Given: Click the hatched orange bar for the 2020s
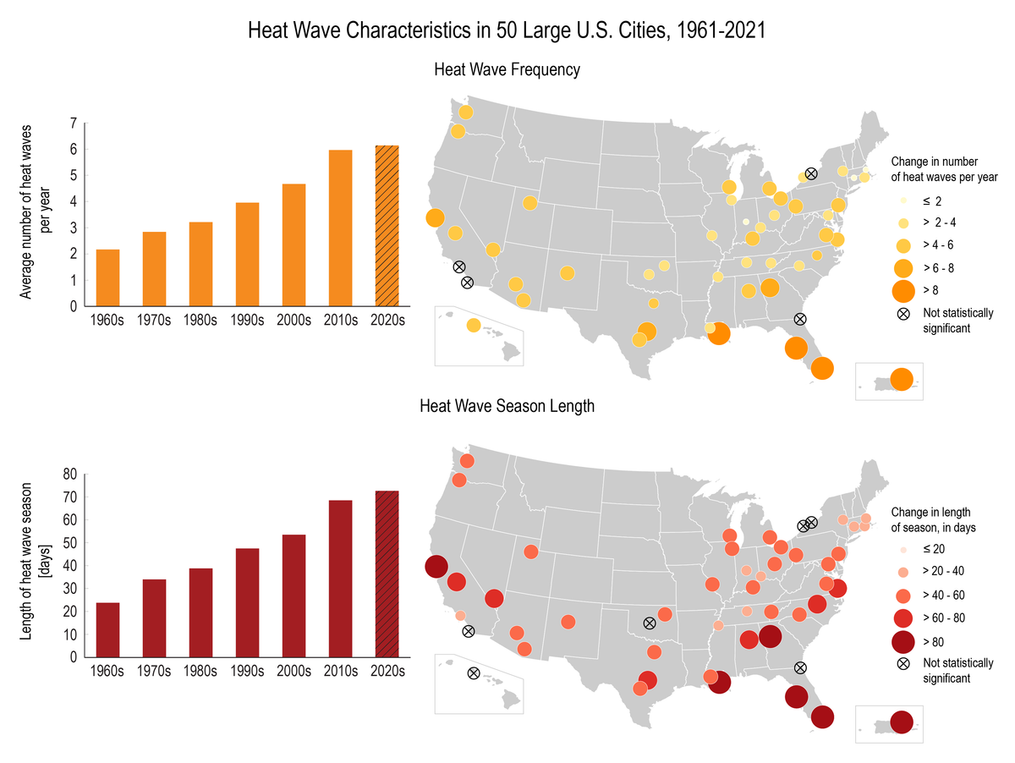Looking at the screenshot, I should (387, 226).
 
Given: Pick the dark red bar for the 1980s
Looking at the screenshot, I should (200, 612).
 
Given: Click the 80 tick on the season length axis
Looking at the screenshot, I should (71, 475).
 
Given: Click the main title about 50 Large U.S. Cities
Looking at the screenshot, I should (507, 31).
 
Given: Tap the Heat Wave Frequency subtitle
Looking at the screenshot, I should (507, 69).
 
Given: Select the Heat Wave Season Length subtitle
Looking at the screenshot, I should (507, 406).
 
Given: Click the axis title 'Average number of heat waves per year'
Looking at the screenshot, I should (36, 215).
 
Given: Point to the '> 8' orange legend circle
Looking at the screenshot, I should (904, 292).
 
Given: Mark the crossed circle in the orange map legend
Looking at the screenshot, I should (904, 314).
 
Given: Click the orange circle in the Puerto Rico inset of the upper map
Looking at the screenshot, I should (902, 380).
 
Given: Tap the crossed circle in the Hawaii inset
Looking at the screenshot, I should (474, 673).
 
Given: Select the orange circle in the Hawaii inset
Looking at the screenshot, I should (473, 326).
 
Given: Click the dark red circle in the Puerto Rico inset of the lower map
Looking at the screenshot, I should (902, 722).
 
